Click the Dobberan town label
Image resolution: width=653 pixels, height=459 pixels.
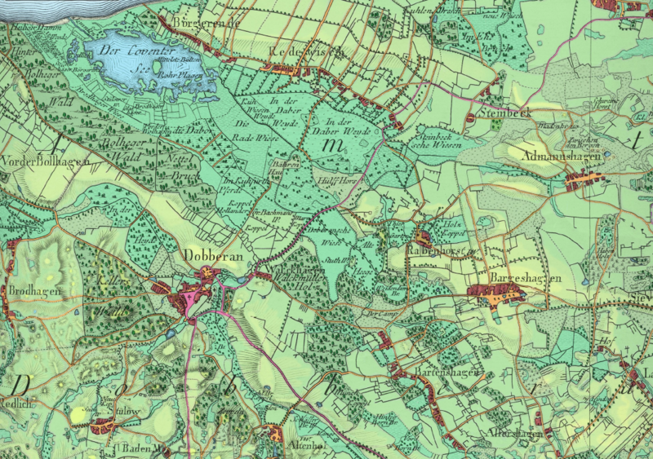click(215, 254)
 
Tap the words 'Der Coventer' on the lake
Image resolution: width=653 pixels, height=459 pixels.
click(130, 49)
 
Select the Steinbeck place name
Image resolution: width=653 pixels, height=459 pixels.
click(505, 112)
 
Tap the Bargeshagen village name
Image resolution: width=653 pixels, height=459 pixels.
click(525, 279)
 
